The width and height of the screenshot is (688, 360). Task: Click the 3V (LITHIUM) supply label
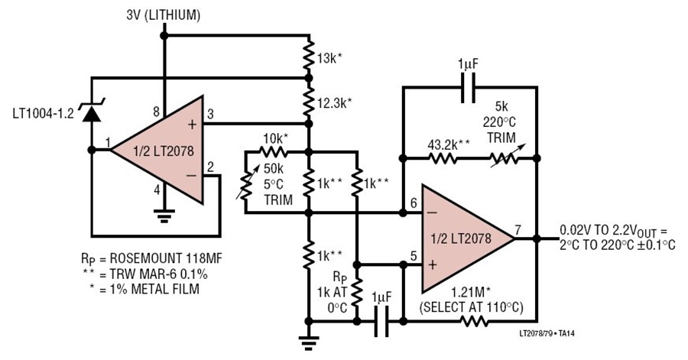pyautogui.click(x=164, y=15)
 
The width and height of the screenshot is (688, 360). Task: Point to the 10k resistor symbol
pyautogui.click(x=273, y=152)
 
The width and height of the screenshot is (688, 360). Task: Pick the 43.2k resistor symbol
pyautogui.click(x=443, y=158)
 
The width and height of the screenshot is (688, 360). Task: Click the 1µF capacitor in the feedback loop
pyautogui.click(x=468, y=88)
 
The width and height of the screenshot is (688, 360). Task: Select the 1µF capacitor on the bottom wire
pyautogui.click(x=381, y=322)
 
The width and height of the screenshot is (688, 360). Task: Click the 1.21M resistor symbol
pyautogui.click(x=474, y=322)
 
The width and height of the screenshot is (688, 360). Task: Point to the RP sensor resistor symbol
pyautogui.click(x=357, y=290)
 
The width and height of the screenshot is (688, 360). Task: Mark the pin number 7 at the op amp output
pyautogui.click(x=518, y=229)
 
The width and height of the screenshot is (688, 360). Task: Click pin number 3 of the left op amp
pyautogui.click(x=210, y=114)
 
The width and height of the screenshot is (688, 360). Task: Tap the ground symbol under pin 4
pyautogui.click(x=164, y=216)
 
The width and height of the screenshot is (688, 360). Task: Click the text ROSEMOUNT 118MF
pyautogui.click(x=166, y=258)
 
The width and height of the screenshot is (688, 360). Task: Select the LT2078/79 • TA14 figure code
pyautogui.click(x=547, y=334)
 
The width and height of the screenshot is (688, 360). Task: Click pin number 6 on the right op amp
pyautogui.click(x=414, y=203)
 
